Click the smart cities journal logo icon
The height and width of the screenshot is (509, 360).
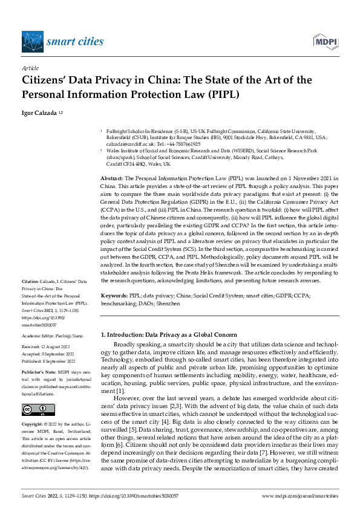[x=33, y=42]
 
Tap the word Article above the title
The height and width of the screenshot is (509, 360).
[x=30, y=69]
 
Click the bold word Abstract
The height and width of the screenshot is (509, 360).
[x=111, y=178]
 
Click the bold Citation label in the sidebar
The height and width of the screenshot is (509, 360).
[x=30, y=282]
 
